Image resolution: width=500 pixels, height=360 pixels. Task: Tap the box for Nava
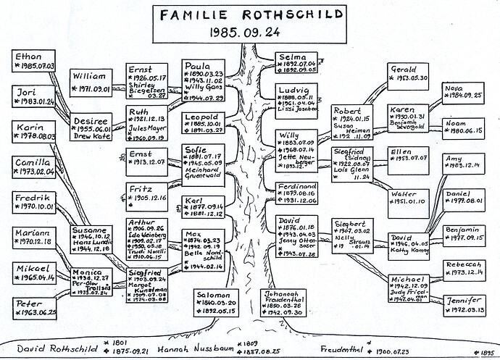(x=464, y=94)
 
